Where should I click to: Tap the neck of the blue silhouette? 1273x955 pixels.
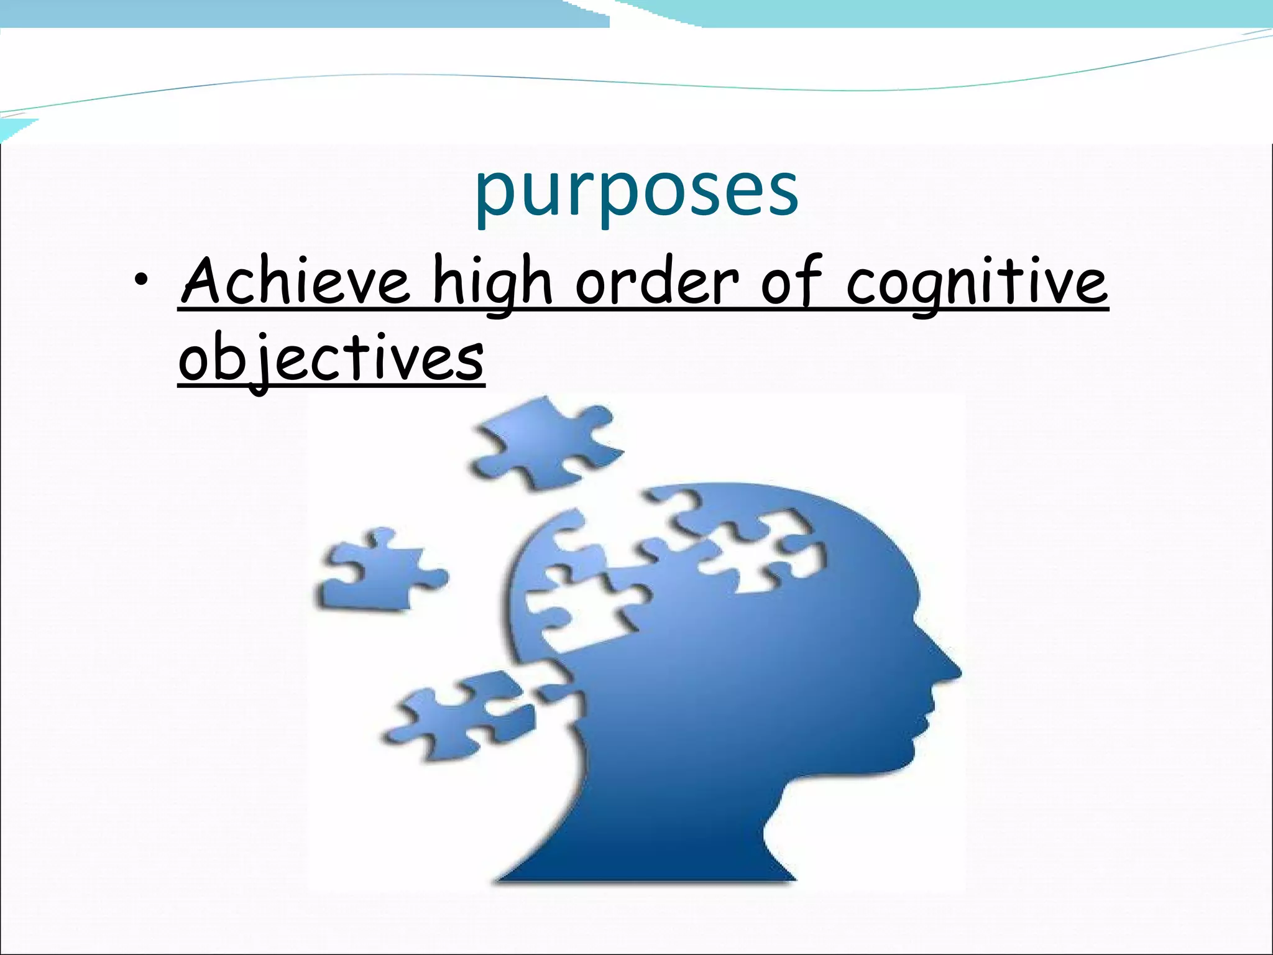(x=671, y=827)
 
